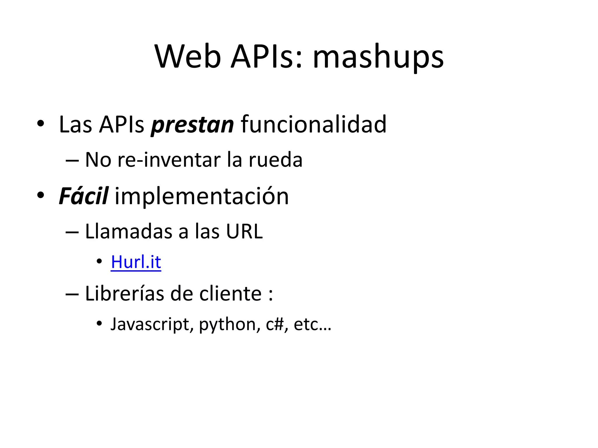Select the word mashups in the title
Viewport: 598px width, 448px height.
[378, 57]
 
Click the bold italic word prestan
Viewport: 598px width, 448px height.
[192, 125]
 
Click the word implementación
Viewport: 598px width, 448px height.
[202, 197]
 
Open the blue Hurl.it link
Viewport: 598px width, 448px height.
[136, 262]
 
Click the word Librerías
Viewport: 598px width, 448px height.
[124, 293]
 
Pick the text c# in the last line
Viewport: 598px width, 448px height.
[275, 324]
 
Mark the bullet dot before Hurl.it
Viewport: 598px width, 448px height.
[99, 261]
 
